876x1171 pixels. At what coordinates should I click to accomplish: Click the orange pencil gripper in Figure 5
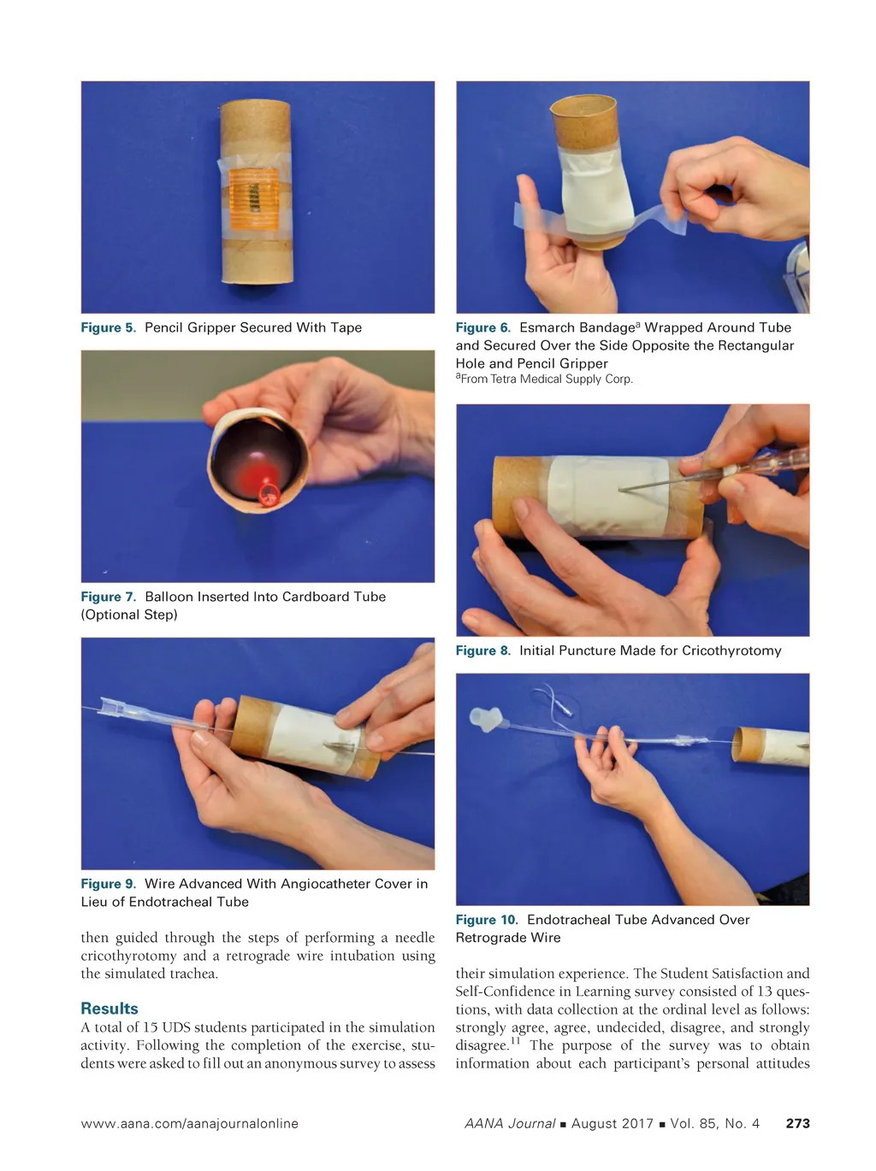(253, 199)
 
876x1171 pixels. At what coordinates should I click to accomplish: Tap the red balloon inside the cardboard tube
(261, 480)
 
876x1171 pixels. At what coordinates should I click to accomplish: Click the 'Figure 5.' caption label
(109, 327)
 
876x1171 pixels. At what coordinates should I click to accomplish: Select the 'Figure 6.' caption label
(483, 327)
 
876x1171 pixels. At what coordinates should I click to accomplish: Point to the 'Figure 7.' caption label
(109, 597)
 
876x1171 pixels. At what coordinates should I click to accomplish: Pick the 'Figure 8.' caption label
(483, 650)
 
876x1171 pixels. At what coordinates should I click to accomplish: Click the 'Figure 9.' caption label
(109, 884)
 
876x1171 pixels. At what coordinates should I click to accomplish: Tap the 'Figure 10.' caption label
(487, 919)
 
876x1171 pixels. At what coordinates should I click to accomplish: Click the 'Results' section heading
(109, 1009)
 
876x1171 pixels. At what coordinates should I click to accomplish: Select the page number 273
(797, 1123)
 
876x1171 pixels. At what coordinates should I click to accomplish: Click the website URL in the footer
(190, 1123)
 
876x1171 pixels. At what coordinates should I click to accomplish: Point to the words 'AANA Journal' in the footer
(510, 1123)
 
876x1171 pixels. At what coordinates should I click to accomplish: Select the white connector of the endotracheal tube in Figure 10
(486, 719)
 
